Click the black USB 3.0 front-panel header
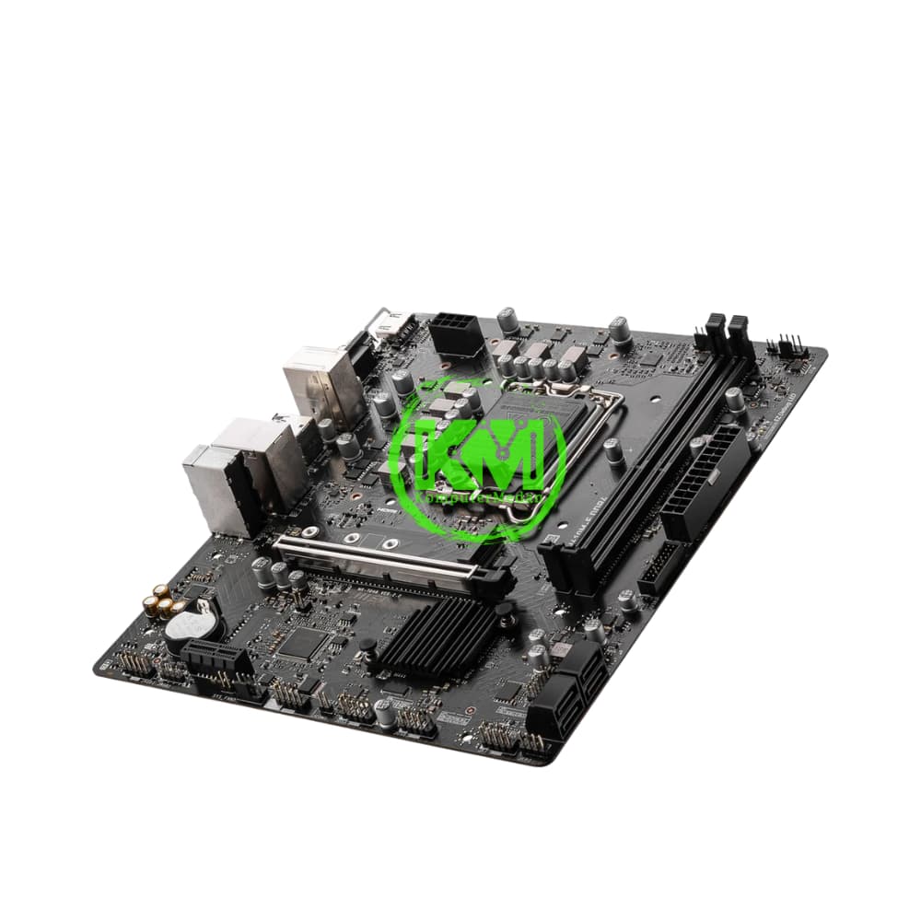659,566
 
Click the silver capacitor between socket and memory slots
614,451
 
